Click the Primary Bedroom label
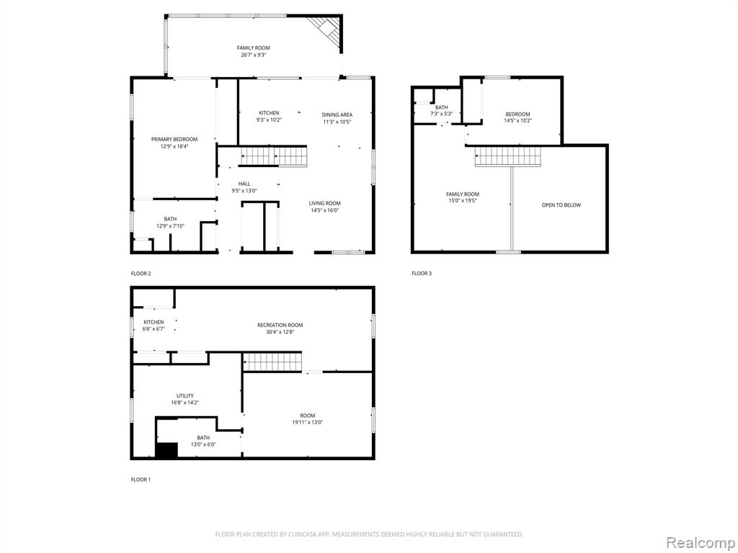pyautogui.click(x=174, y=139)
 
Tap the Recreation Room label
pyautogui.click(x=280, y=325)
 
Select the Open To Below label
pyautogui.click(x=561, y=205)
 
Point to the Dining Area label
pyautogui.click(x=337, y=114)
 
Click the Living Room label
pyautogui.click(x=325, y=203)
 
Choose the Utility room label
pyautogui.click(x=185, y=396)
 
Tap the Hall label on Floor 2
pyautogui.click(x=244, y=184)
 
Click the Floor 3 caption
pyautogui.click(x=421, y=273)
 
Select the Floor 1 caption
pyautogui.click(x=141, y=480)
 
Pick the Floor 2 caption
pyautogui.click(x=141, y=273)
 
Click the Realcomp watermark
pyautogui.click(x=700, y=542)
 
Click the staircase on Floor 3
pyautogui.click(x=508, y=156)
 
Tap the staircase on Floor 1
pyautogui.click(x=272, y=362)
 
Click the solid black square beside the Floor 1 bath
pyautogui.click(x=166, y=450)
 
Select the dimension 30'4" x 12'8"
pyautogui.click(x=280, y=332)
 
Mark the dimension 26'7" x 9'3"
pyautogui.click(x=253, y=55)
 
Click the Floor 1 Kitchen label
pyautogui.click(x=154, y=322)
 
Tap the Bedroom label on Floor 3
pyautogui.click(x=517, y=114)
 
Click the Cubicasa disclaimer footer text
pyautogui.click(x=369, y=534)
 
